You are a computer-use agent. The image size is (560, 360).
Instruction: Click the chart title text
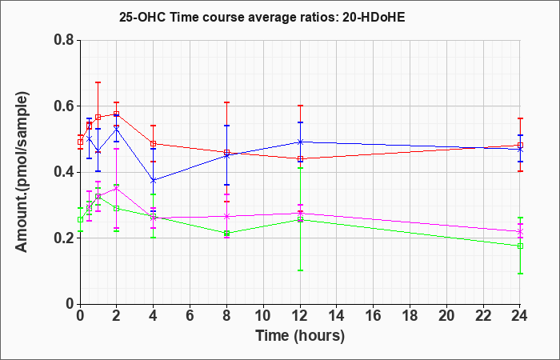tap(262, 18)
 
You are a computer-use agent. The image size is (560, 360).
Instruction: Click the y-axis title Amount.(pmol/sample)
tap(22, 172)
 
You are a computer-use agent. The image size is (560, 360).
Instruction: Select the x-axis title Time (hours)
tap(300, 336)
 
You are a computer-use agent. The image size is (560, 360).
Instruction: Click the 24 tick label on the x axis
tap(519, 316)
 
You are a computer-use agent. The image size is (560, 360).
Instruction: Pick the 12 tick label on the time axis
tap(300, 316)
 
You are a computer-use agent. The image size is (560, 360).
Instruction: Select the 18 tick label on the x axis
tap(410, 316)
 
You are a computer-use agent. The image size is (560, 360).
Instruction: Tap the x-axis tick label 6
tap(190, 316)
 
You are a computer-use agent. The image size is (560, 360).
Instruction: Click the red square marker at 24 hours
tap(520, 146)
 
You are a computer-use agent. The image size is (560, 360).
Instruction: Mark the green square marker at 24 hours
tap(520, 246)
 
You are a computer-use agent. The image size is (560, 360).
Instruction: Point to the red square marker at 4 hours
tap(154, 144)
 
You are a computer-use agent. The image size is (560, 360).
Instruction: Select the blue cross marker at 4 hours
tap(154, 181)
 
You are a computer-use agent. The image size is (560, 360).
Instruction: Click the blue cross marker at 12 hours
tap(300, 142)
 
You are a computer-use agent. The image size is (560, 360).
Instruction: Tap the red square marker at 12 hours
tap(300, 158)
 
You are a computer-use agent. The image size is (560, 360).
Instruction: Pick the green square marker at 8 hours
tap(226, 234)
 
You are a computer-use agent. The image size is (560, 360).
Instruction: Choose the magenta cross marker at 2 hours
tap(117, 188)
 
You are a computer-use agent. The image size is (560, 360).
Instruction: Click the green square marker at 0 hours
tap(80, 220)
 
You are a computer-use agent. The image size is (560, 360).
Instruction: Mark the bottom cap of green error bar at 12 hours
tap(300, 270)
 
